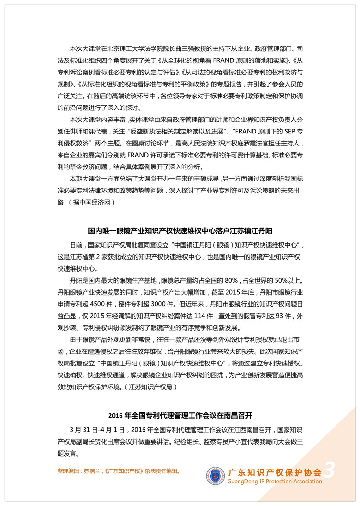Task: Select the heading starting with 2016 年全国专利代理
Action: (180, 414)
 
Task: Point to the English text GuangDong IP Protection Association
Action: (275, 481)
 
